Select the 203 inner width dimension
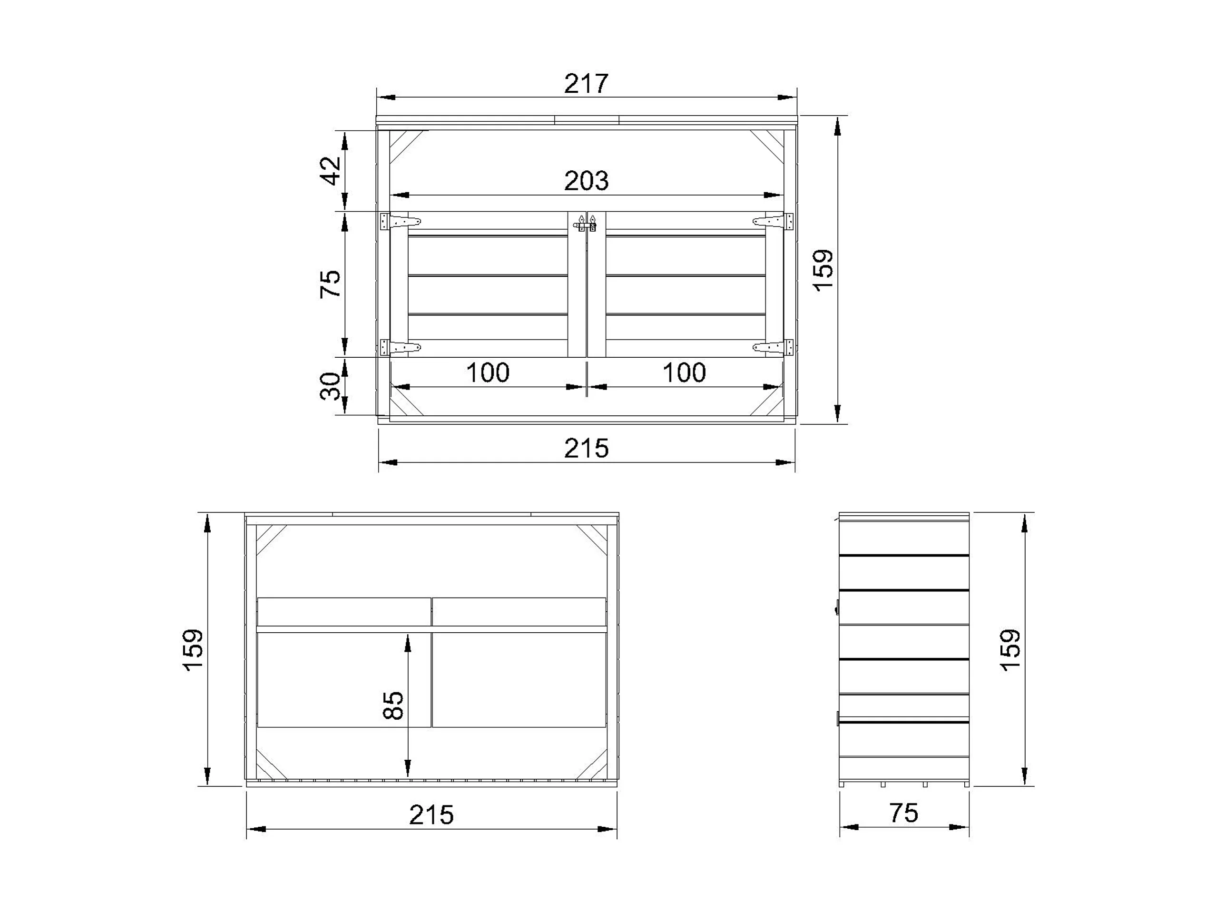[586, 181]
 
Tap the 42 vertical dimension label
[331, 171]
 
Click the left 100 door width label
[488, 373]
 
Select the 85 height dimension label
[393, 705]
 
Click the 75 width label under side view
[903, 813]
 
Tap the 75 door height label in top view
[331, 284]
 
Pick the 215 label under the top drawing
[586, 449]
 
